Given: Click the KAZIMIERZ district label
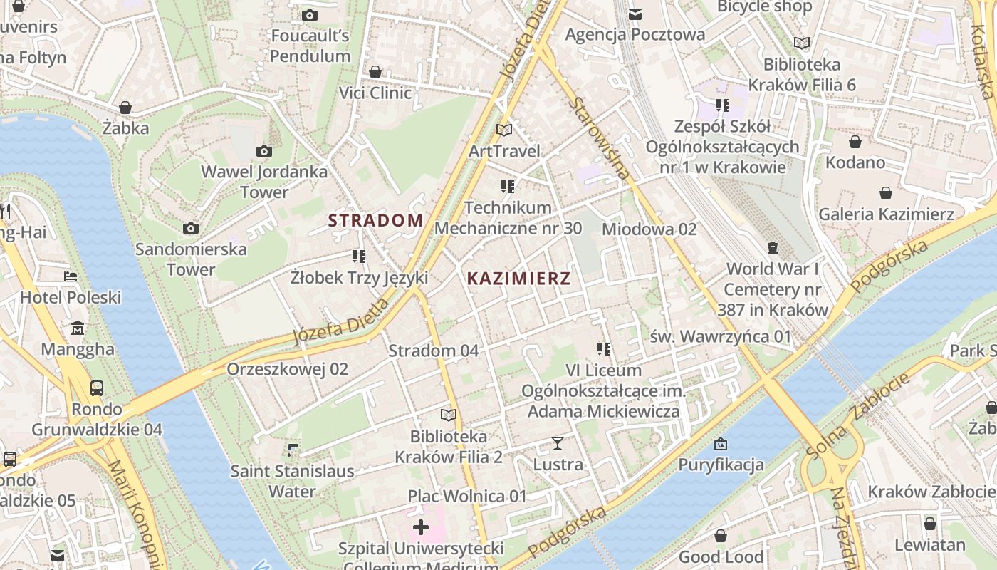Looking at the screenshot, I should click(518, 279).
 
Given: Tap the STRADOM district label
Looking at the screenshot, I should click(375, 220).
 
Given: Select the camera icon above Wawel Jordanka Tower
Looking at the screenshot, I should click(264, 151).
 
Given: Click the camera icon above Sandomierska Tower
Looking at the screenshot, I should click(190, 228).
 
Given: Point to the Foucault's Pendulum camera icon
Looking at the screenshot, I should click(309, 15).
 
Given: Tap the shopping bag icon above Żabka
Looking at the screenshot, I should click(125, 108).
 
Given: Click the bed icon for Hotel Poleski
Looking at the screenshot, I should click(70, 276).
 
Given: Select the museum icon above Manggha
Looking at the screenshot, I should click(78, 328).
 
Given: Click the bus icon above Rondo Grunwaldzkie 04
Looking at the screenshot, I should click(97, 388).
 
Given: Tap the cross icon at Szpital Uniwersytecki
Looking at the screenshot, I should click(421, 527).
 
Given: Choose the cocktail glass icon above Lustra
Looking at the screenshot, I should click(558, 443).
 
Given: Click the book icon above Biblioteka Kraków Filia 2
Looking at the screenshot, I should click(448, 415).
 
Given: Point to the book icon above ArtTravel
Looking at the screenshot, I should click(503, 130).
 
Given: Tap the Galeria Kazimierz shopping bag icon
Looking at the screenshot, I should click(886, 193).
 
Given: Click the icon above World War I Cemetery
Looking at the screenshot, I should click(773, 248).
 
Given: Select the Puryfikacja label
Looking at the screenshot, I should click(721, 465).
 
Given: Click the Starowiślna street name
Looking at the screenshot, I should click(600, 138).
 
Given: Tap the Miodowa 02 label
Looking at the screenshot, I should click(649, 229).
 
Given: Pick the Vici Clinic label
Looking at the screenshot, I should click(375, 93).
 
